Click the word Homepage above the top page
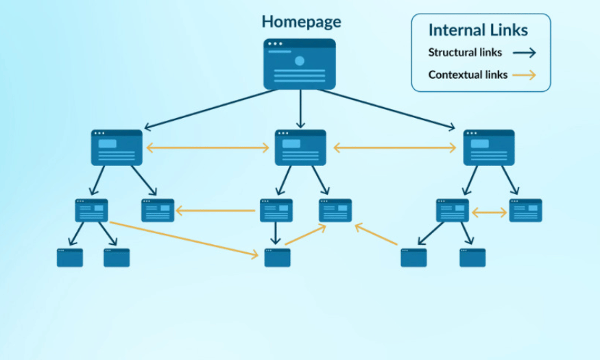[301, 22]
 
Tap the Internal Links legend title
[478, 30]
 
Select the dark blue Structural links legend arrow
[525, 53]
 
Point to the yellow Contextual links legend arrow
[525, 75]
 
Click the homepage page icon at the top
[300, 64]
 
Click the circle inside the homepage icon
[300, 61]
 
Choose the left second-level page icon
[117, 147]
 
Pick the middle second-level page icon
[300, 147]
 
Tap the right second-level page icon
[489, 147]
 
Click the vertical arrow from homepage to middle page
[300, 108]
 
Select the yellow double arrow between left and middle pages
[208, 147]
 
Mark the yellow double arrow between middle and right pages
[395, 147]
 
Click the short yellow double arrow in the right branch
[490, 213]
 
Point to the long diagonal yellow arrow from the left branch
[184, 239]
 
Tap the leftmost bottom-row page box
[70, 257]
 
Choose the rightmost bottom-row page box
[472, 257]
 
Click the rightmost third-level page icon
[525, 211]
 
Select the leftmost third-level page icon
[91, 211]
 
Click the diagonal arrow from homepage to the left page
[211, 110]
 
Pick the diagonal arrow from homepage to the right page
[387, 110]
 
